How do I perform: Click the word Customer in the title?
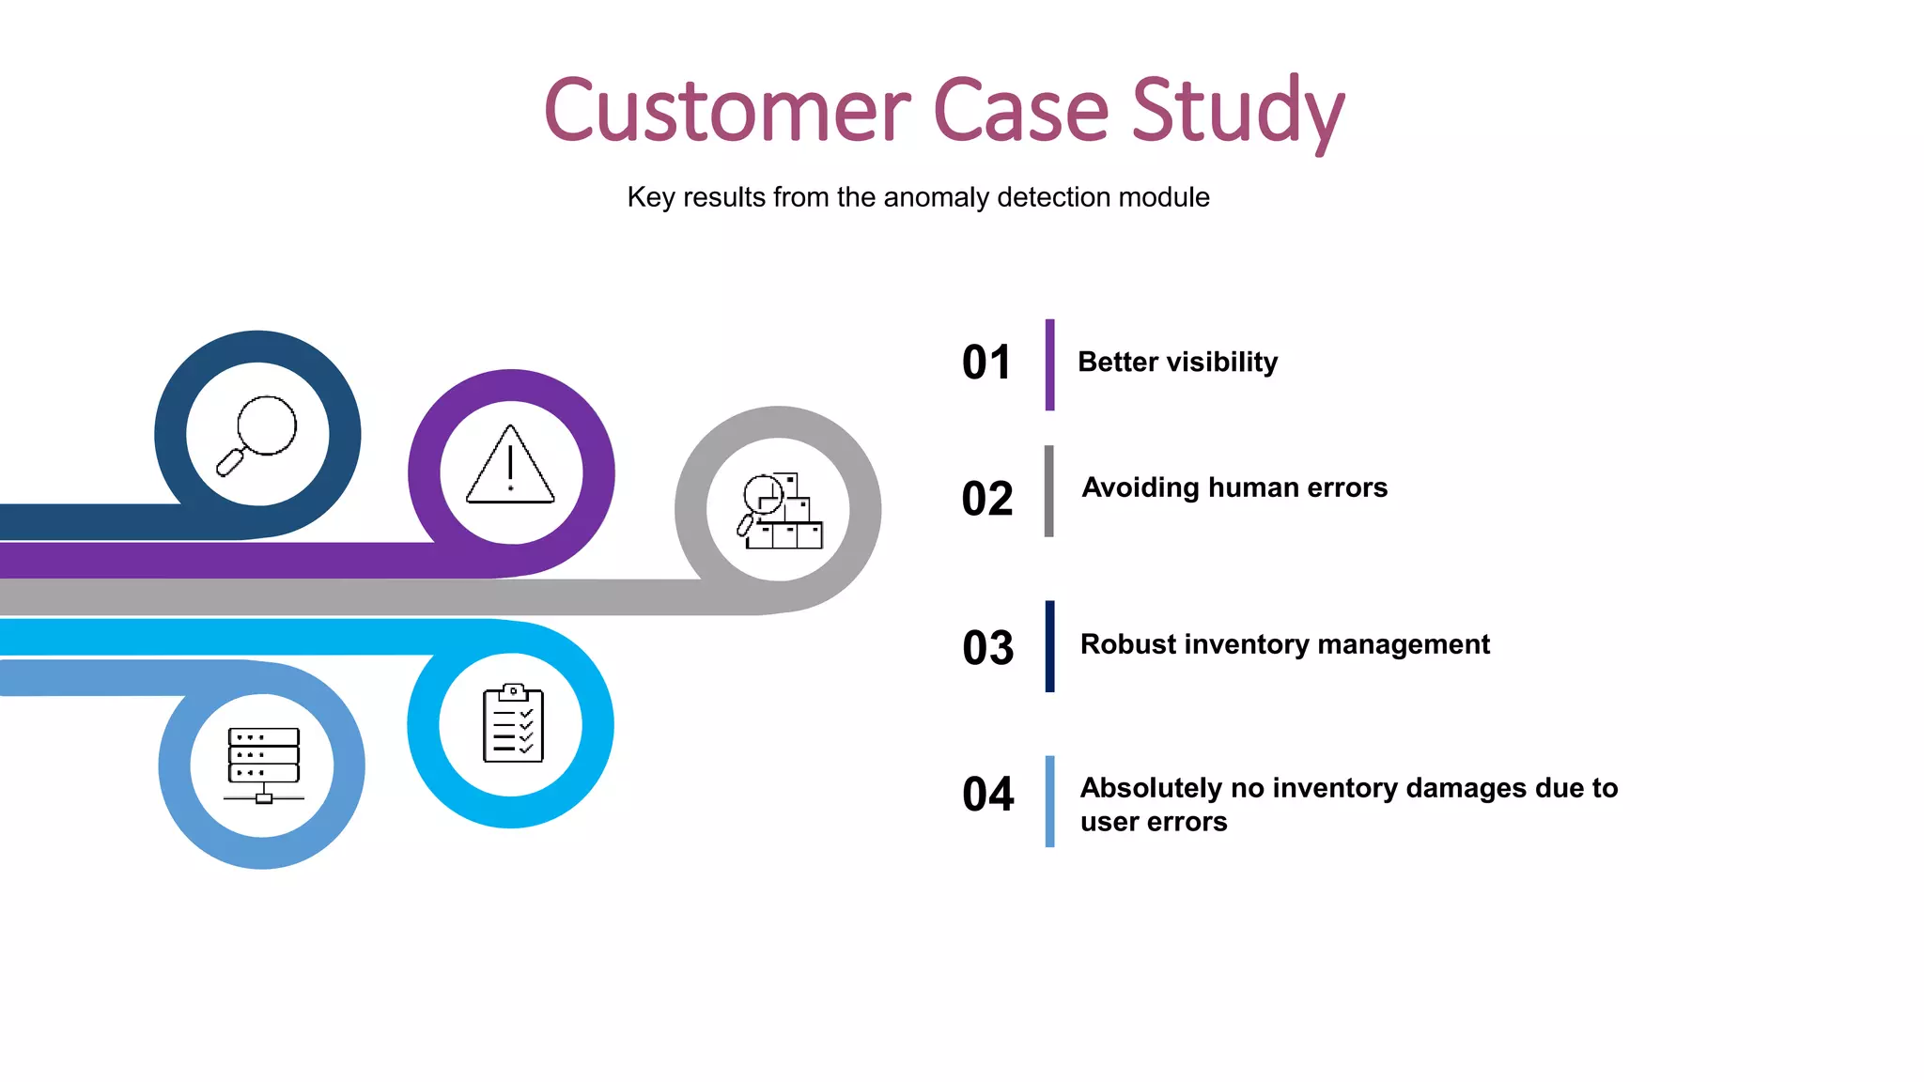[x=726, y=111]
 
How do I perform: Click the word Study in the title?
[x=1237, y=111]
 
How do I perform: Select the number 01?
[x=986, y=363]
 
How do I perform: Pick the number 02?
[x=987, y=498]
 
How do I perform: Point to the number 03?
[x=988, y=647]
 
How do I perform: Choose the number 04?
[x=988, y=794]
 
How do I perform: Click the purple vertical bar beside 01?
[x=1049, y=364]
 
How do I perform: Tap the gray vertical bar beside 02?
[x=1048, y=491]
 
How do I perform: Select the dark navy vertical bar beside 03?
[x=1049, y=646]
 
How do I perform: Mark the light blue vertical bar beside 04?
[x=1049, y=801]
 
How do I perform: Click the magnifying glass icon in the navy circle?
[x=257, y=435]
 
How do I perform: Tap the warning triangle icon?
[x=510, y=466]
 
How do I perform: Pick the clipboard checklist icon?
[x=513, y=723]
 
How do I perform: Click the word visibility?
[x=1222, y=363]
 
